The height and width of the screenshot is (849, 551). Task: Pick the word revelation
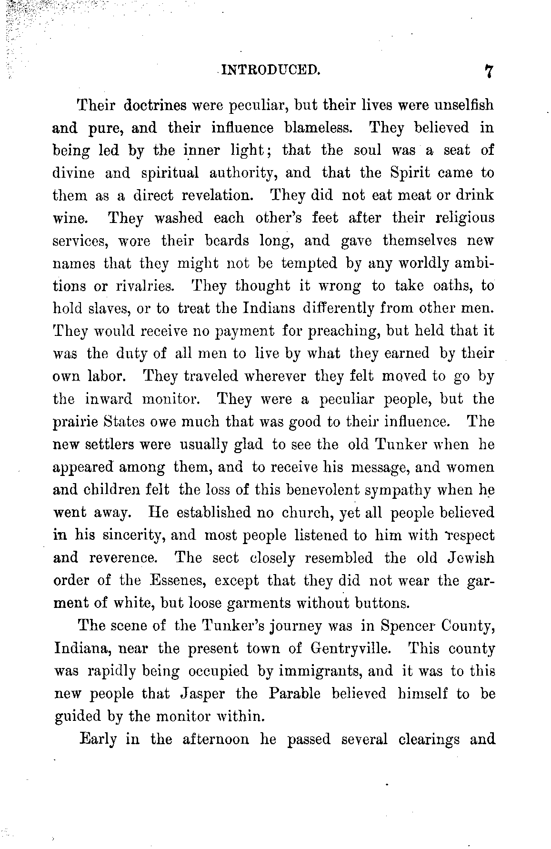point(219,195)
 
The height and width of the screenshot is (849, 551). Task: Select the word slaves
point(110,308)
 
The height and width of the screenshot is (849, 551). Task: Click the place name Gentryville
point(354,648)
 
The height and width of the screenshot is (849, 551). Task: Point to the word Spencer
point(407,626)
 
